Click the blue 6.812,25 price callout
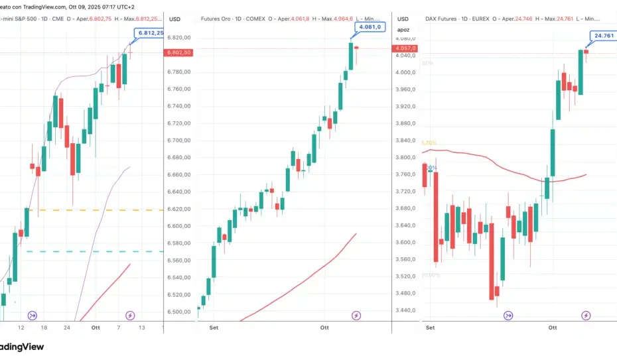tap(150, 32)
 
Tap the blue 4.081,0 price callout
tap(370, 27)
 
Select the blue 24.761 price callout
tap(602, 36)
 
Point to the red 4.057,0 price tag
tap(405, 48)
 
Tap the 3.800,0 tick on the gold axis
tap(405, 158)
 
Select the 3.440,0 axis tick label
tap(405, 310)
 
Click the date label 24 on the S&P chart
tap(68, 328)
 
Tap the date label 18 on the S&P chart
tap(44, 328)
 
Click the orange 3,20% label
tap(429, 143)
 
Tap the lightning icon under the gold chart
tap(356, 316)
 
